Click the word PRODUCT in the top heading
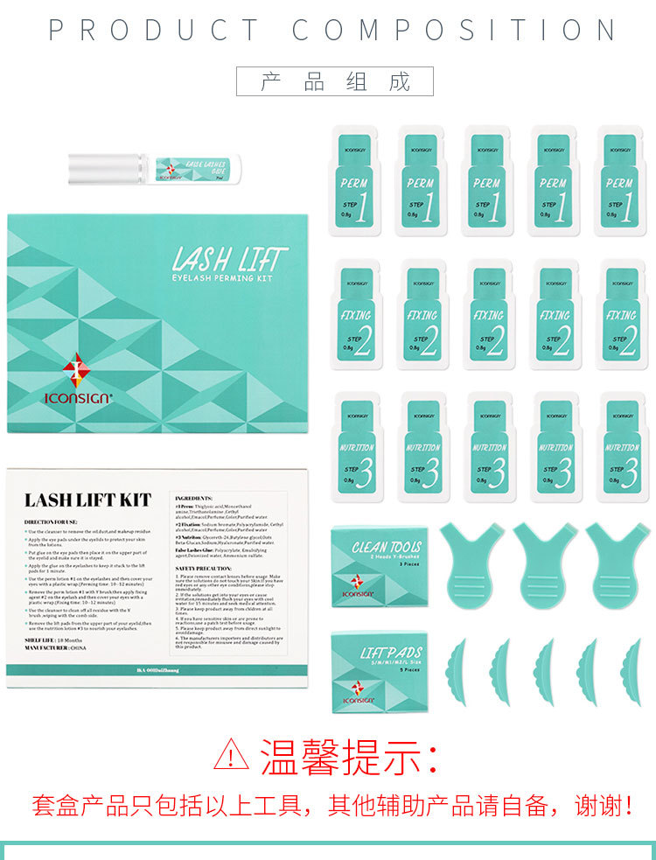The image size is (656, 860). coord(154,31)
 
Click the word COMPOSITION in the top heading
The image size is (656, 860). coord(454,31)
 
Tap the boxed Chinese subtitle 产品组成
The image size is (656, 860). coord(335,81)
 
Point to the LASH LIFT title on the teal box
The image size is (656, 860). coord(229,259)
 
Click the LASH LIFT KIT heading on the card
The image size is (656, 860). coord(87,500)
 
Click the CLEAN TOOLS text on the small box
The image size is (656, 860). coord(387,548)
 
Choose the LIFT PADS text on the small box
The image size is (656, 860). coord(390,653)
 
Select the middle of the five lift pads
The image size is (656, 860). coord(544,671)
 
